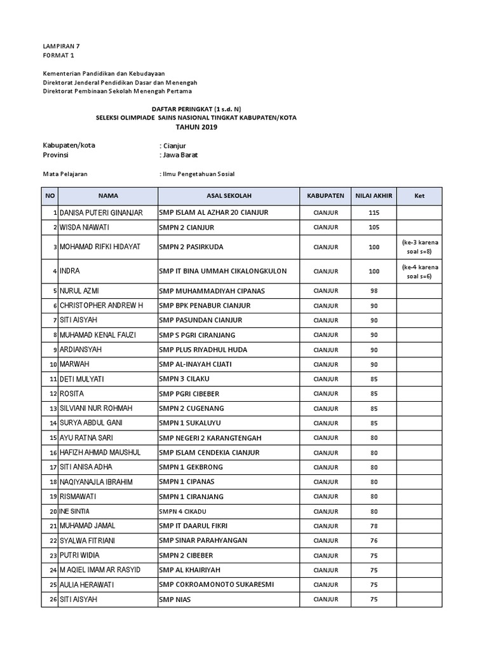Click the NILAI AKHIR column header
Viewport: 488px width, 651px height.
point(374,196)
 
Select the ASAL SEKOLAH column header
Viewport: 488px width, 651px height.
point(229,196)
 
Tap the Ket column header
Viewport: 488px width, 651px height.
point(419,196)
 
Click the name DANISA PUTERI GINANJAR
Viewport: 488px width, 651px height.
point(101,212)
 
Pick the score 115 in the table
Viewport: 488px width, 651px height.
point(374,212)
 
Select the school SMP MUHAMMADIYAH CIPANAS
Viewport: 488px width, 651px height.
point(212,291)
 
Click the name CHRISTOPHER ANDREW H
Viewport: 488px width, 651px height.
point(102,306)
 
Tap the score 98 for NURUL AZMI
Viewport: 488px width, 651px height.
point(374,291)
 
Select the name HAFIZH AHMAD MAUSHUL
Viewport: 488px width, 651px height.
point(100,453)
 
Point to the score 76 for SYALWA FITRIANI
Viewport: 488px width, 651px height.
point(374,540)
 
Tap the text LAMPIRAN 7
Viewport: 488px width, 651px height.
point(61,46)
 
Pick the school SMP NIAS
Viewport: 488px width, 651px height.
point(175,599)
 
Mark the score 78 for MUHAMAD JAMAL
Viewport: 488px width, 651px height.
point(374,526)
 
